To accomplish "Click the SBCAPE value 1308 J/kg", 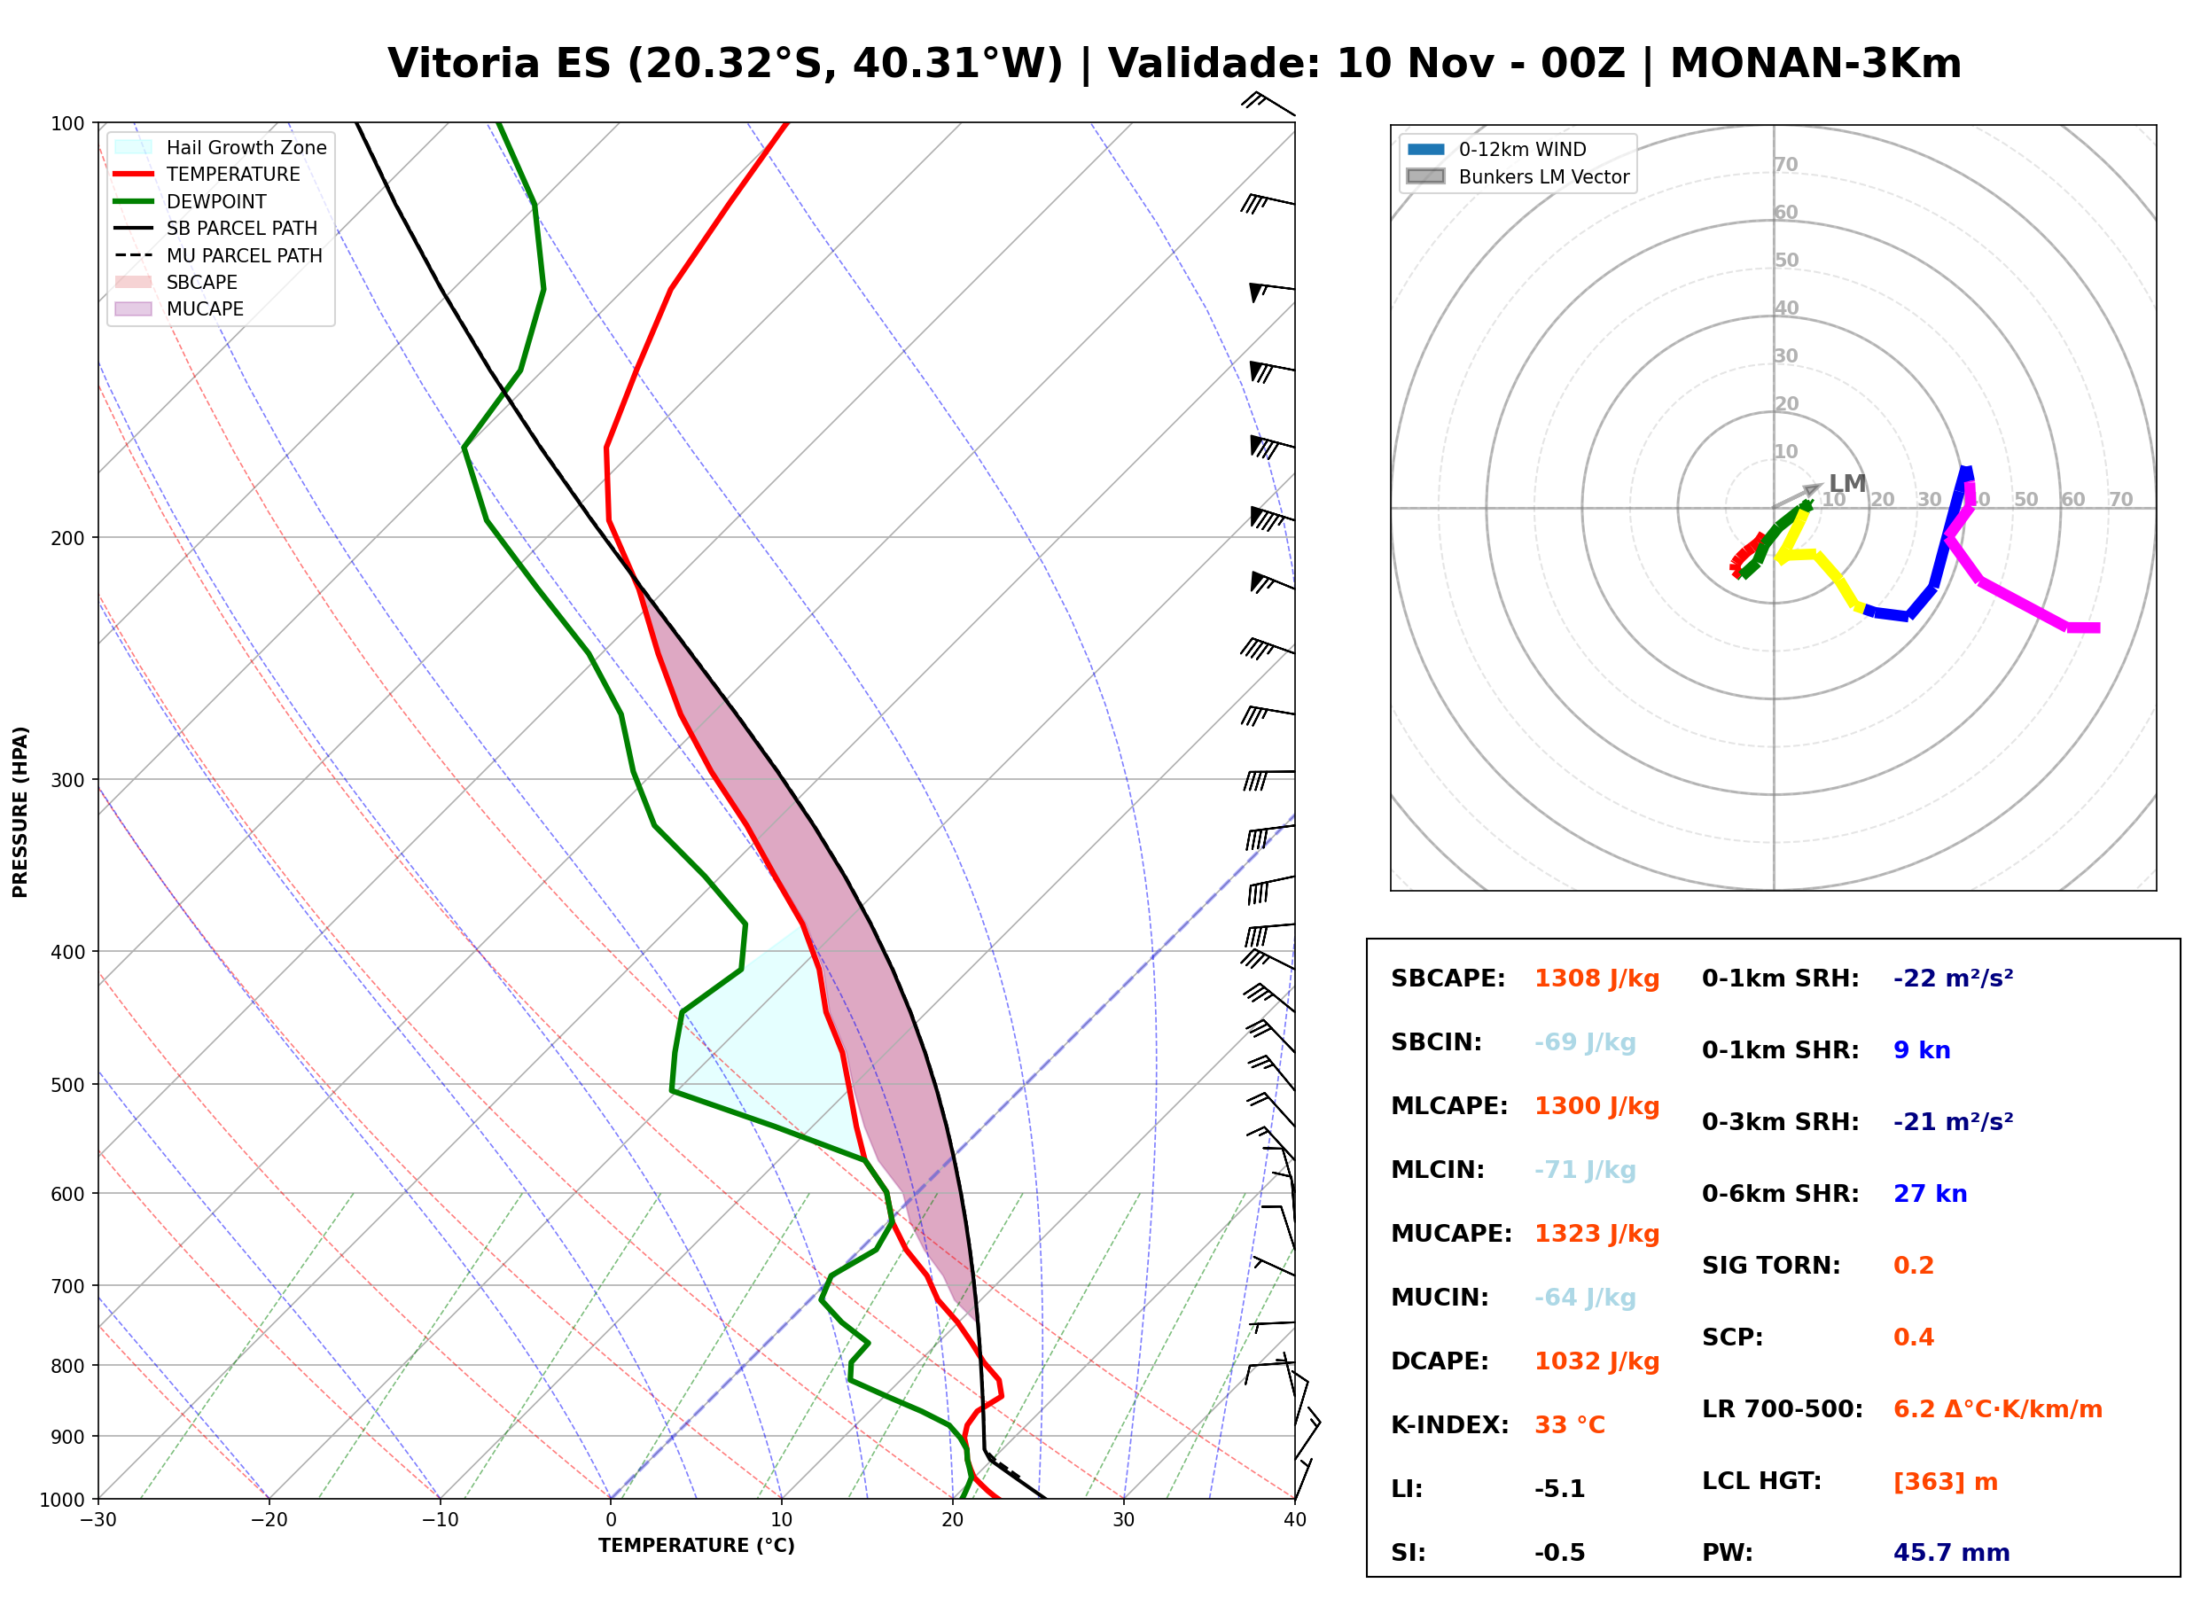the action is tap(1597, 979).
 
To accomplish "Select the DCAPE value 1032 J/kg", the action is tap(1597, 1361).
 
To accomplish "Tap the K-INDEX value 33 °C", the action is tap(1570, 1425).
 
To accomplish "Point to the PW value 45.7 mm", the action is tap(1952, 1553).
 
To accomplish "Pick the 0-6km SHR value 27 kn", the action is tap(1930, 1194).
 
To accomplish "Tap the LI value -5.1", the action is tap(1560, 1489).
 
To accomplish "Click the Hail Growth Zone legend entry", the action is tap(221, 147).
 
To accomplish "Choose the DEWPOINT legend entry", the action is tap(191, 201).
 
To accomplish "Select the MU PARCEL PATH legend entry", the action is tap(218, 255).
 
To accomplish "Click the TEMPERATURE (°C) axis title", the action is tap(697, 1546).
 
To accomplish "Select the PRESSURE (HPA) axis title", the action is tap(20, 812).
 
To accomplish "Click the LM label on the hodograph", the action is tap(1846, 483).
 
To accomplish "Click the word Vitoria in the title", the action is tap(464, 64).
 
